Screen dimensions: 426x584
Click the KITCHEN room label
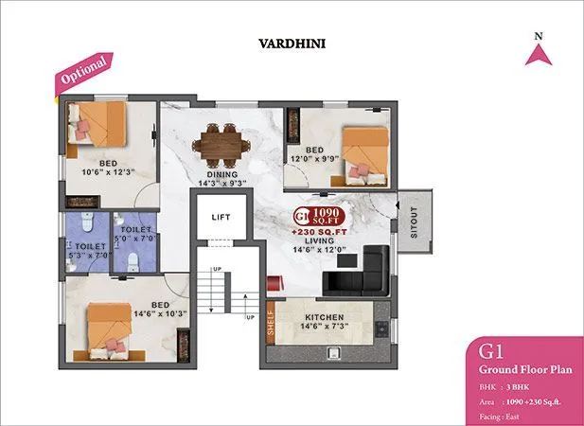(323, 316)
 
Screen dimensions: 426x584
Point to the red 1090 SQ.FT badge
(320, 215)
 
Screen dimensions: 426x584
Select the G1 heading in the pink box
(492, 352)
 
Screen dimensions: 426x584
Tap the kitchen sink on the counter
(334, 352)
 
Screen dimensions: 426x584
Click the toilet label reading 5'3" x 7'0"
(84, 251)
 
